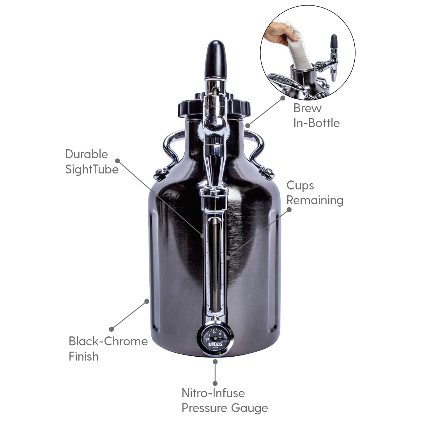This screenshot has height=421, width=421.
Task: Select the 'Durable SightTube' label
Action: [92, 161]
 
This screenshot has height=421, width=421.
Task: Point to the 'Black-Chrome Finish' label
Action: [108, 348]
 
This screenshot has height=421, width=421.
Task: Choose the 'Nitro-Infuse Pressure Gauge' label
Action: [225, 400]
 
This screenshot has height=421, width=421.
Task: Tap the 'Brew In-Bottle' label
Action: [317, 115]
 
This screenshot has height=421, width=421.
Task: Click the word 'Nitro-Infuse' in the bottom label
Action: [213, 393]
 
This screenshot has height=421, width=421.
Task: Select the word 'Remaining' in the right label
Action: [315, 200]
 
